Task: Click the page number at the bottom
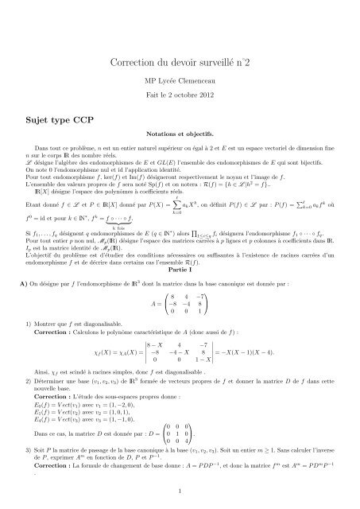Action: coord(180,490)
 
